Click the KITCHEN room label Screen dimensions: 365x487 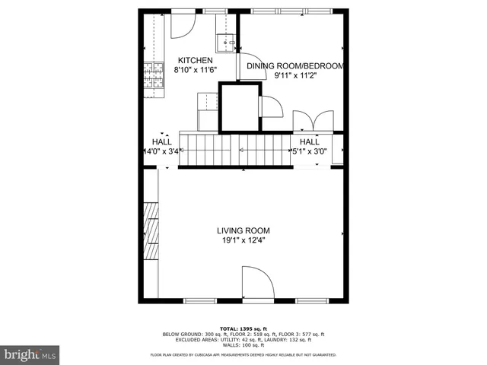point(196,61)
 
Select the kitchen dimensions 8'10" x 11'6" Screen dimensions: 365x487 point(196,70)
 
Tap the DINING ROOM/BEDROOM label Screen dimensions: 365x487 point(296,66)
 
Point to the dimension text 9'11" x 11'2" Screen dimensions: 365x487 point(296,75)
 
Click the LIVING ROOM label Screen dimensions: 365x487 point(243,230)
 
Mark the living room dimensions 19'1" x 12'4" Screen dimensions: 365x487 point(243,240)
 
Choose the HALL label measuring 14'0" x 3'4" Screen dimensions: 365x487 point(161,141)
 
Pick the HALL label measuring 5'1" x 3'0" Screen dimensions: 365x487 point(309,141)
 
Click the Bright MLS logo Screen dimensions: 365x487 point(30,354)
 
